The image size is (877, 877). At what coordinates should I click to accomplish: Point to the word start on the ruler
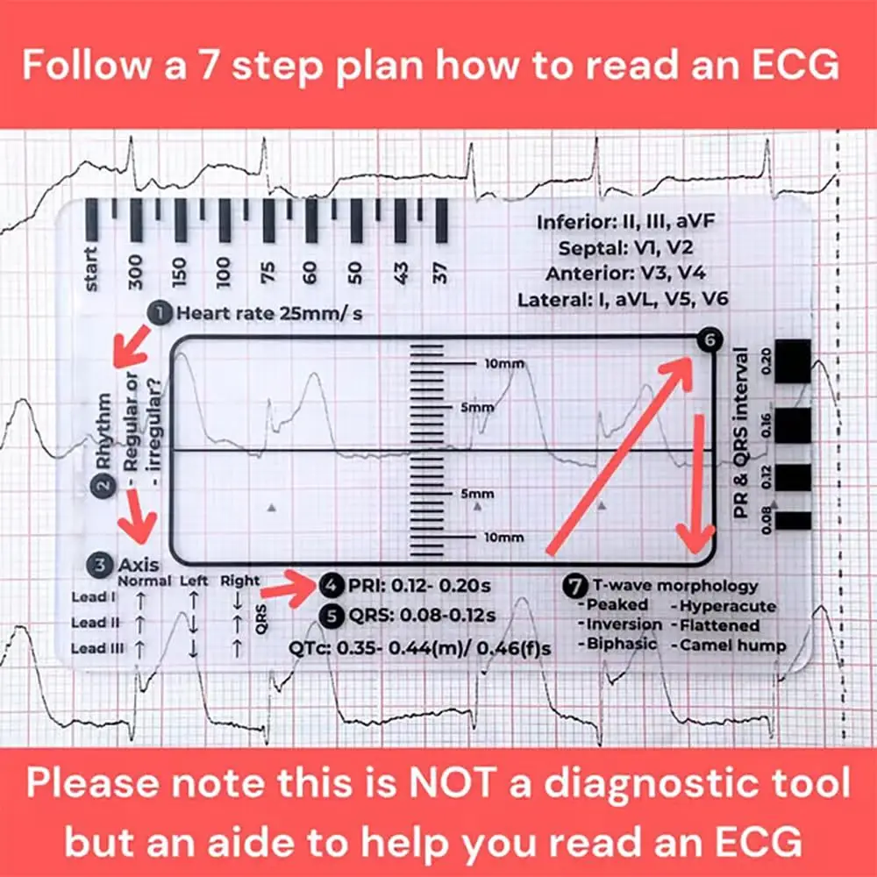[x=92, y=268]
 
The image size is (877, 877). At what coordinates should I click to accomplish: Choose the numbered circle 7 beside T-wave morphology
[x=574, y=585]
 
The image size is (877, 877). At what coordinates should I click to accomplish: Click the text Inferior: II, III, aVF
[x=624, y=223]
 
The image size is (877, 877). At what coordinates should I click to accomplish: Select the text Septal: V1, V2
[x=624, y=248]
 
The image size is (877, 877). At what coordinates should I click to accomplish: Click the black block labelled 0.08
[x=794, y=520]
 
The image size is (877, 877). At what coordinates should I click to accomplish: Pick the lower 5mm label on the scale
[x=502, y=495]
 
